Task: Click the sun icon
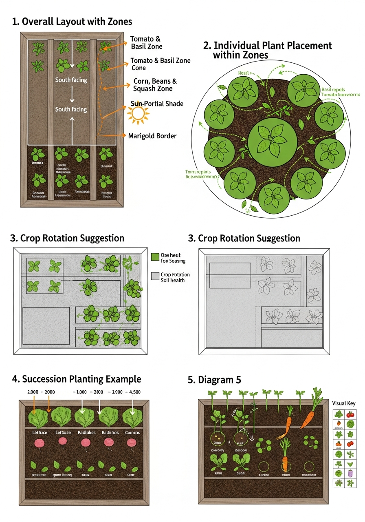coord(139,113)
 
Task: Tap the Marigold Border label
coord(152,135)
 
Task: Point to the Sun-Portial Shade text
coord(157,104)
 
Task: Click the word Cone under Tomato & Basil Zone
coord(139,68)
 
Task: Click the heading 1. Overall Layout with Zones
coord(72,22)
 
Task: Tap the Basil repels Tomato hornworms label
coord(341,92)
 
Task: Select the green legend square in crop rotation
coord(155,257)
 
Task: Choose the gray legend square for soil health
coord(155,276)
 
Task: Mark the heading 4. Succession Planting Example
coord(77,379)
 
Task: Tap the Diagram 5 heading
coord(214,380)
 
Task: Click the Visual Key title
coord(344,403)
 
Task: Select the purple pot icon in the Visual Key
coord(350,474)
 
